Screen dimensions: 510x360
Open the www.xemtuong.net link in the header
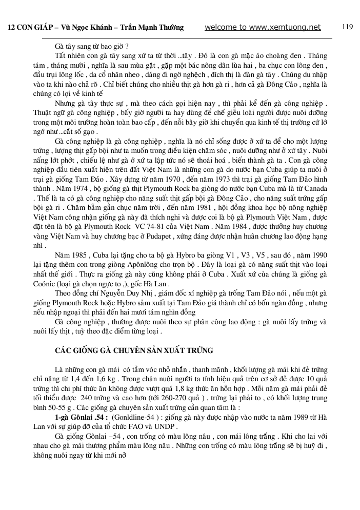[262, 28]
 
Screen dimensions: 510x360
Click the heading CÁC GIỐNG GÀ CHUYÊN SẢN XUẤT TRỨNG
[134, 350]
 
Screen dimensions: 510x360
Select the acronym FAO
[141, 426]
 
